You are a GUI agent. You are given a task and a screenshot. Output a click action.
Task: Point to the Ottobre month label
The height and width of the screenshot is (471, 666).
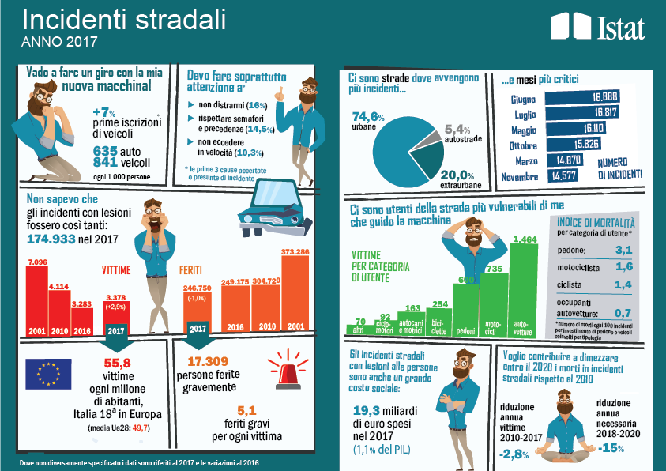coord(523,145)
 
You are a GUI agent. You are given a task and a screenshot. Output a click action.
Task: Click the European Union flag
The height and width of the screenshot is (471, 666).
coord(47,375)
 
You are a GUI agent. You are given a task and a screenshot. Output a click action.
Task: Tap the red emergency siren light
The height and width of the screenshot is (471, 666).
coord(288,370)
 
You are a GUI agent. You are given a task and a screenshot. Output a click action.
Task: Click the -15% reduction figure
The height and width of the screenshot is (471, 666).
coord(612,449)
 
